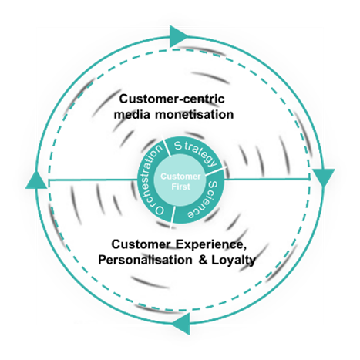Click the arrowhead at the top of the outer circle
tap(178, 36)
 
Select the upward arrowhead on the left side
tap(37, 180)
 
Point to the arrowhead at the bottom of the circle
tap(182, 324)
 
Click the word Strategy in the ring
tap(196, 153)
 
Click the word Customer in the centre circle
tap(180, 177)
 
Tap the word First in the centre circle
tap(181, 187)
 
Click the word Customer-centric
tap(172, 99)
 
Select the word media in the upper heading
tap(132, 114)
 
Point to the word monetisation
tap(194, 114)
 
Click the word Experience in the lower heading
tap(210, 244)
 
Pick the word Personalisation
tap(145, 260)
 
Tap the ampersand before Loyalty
tap(204, 260)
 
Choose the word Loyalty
tap(234, 261)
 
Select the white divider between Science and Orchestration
tap(173, 217)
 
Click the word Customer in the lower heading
tap(141, 244)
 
